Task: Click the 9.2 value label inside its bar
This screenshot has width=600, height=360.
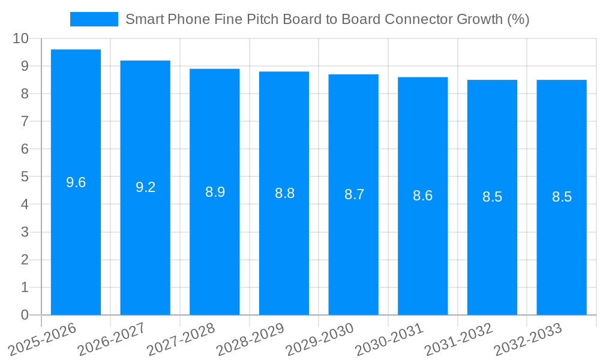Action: point(145,187)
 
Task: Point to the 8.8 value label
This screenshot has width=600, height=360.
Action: point(284,193)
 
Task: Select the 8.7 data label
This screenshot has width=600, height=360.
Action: point(354,194)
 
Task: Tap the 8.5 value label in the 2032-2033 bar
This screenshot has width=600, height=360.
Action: point(562,197)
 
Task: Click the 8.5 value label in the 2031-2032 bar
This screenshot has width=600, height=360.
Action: point(492,197)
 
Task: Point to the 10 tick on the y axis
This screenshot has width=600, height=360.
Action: point(20,38)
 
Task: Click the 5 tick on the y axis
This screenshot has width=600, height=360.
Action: point(25,177)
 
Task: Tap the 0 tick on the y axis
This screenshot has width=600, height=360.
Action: point(25,315)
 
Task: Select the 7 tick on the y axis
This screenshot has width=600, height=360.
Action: point(25,121)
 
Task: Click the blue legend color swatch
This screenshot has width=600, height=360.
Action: point(94,19)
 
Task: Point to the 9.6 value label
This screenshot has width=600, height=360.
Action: point(76,182)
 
